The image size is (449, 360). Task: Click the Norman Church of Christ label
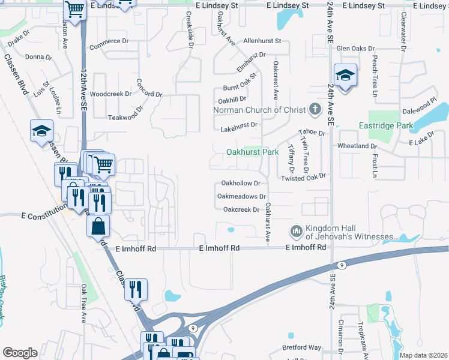(x=261, y=110)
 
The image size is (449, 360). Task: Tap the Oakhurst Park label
(x=252, y=152)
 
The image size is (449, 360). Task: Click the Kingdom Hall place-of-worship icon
(x=295, y=231)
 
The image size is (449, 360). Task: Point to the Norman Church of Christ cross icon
(x=315, y=110)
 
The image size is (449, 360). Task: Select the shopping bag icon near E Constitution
(x=98, y=227)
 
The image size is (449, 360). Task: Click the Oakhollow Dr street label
(x=241, y=183)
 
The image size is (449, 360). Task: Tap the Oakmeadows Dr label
(x=241, y=196)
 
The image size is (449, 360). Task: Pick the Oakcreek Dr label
(x=241, y=209)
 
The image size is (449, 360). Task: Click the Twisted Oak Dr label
(x=303, y=176)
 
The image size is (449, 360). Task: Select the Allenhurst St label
(x=262, y=41)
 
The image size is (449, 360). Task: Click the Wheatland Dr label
(x=357, y=146)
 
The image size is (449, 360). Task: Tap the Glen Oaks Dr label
(x=355, y=48)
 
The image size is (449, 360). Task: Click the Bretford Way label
(x=302, y=347)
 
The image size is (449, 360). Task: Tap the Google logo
(x=20, y=353)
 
